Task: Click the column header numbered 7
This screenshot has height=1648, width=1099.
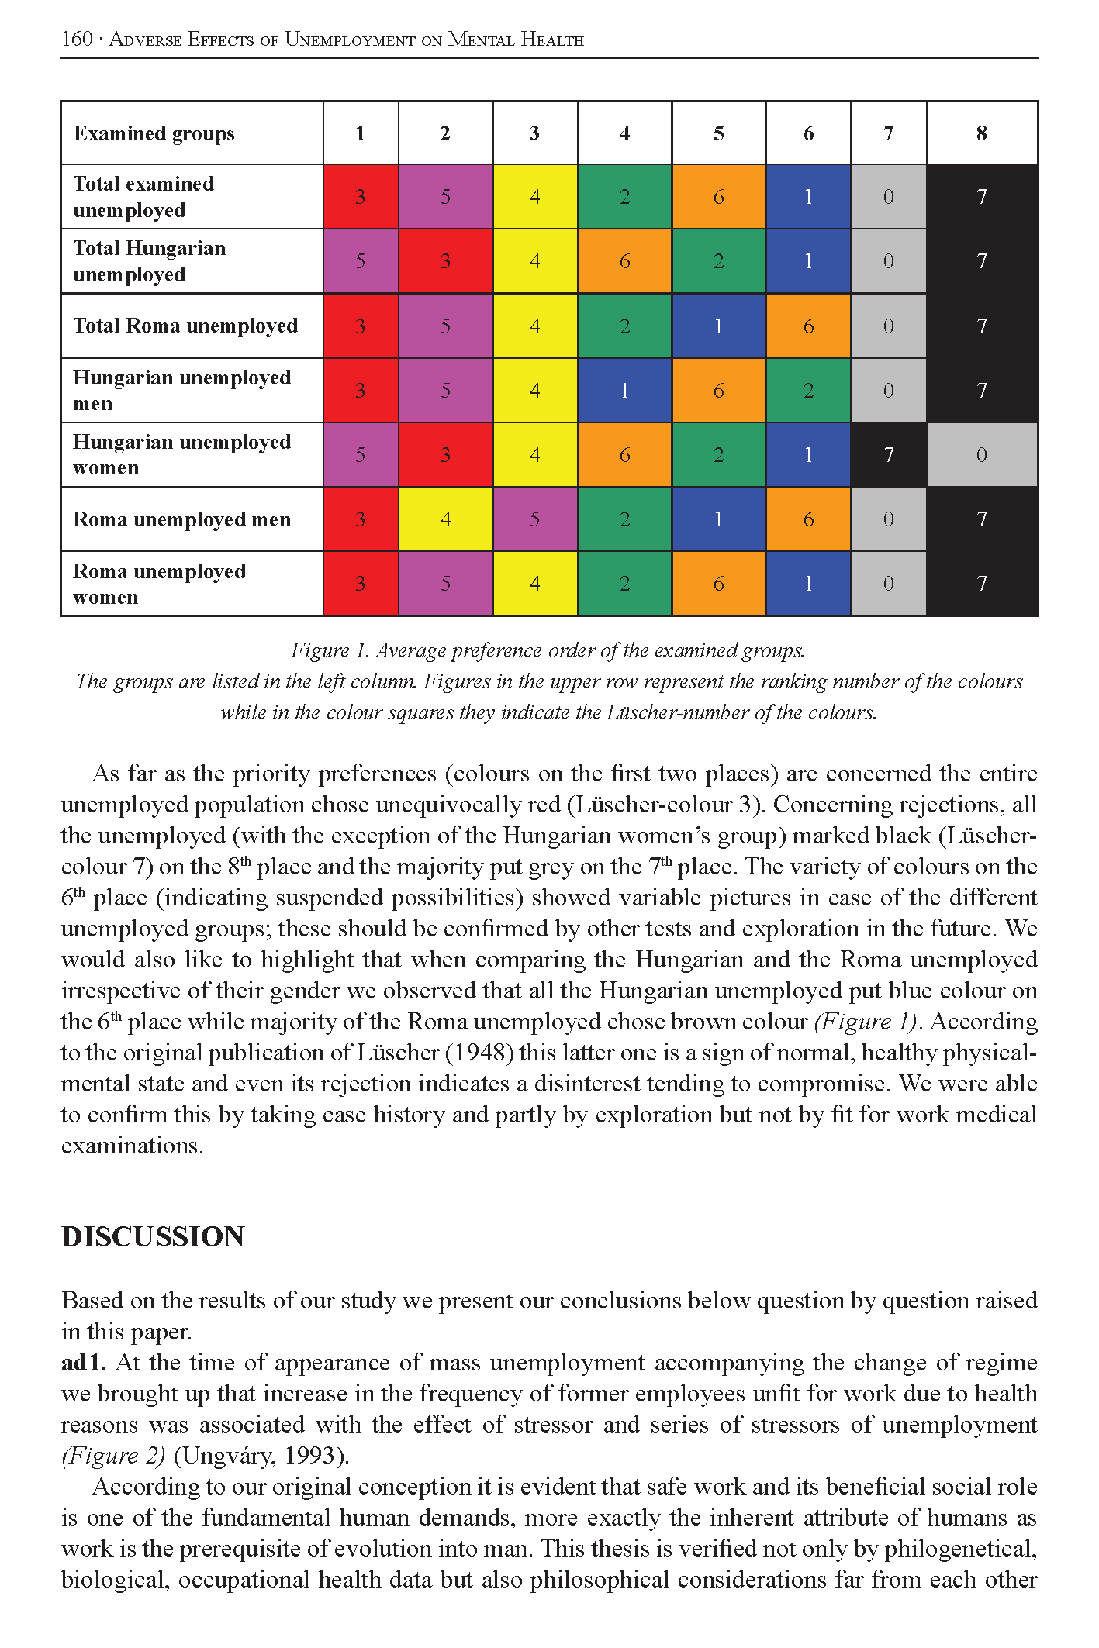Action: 889,133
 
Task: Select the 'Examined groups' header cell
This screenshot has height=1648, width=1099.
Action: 154,133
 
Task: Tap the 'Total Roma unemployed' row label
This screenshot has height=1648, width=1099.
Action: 185,326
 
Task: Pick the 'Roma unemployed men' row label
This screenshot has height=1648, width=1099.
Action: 181,519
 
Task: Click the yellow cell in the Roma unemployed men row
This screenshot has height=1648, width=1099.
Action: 445,519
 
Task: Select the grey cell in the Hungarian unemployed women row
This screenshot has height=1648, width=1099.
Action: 982,455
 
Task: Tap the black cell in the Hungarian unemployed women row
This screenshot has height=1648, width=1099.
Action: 889,455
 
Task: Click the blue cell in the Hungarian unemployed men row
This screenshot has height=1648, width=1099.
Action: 624,390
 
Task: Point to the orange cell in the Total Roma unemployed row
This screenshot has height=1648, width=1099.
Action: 808,326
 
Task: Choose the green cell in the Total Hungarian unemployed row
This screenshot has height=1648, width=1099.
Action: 719,261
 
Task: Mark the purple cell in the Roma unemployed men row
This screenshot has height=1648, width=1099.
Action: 534,519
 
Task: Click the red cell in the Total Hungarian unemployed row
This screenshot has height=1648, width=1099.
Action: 445,261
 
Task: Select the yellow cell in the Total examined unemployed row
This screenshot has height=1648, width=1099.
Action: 534,197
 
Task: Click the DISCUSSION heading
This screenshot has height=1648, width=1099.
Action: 153,1237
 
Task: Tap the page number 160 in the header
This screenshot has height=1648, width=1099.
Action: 77,39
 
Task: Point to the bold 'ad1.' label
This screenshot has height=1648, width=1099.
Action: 83,1363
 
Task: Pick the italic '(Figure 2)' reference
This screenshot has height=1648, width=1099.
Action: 112,1456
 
